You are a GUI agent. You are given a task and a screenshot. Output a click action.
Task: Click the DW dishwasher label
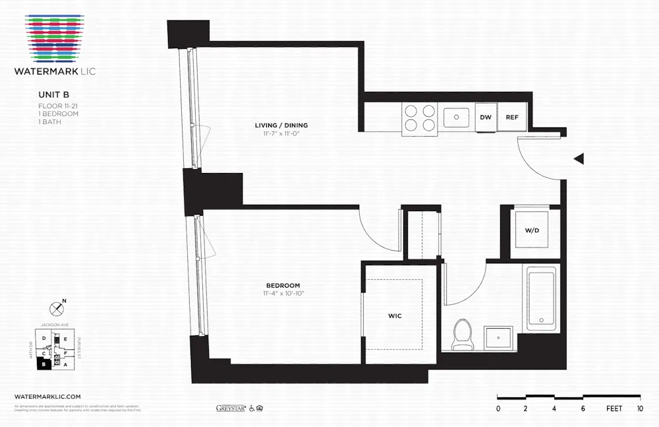pyautogui.click(x=486, y=117)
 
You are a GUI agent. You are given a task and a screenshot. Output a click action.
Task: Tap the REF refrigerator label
pyautogui.click(x=512, y=117)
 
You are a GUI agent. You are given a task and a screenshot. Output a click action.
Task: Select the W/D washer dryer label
pyautogui.click(x=532, y=231)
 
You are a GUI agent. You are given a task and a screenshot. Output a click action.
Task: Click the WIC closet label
pyautogui.click(x=395, y=316)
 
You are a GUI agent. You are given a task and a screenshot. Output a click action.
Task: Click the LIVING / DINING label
pyautogui.click(x=281, y=125)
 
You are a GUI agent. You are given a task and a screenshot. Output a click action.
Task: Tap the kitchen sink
pyautogui.click(x=455, y=117)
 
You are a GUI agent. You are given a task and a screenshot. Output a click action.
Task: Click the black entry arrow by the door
pyautogui.click(x=579, y=158)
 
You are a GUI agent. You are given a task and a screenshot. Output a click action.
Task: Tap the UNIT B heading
pyautogui.click(x=54, y=95)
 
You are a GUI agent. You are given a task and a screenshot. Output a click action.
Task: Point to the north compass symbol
pyautogui.click(x=57, y=308)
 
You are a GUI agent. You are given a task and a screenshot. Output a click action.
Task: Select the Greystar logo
pyautogui.click(x=231, y=408)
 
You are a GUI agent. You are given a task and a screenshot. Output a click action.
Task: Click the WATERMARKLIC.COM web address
pyautogui.click(x=47, y=395)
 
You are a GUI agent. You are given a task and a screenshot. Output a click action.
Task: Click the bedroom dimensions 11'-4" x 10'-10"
pyautogui.click(x=284, y=293)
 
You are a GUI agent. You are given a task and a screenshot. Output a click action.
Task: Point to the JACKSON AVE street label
pyautogui.click(x=54, y=325)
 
